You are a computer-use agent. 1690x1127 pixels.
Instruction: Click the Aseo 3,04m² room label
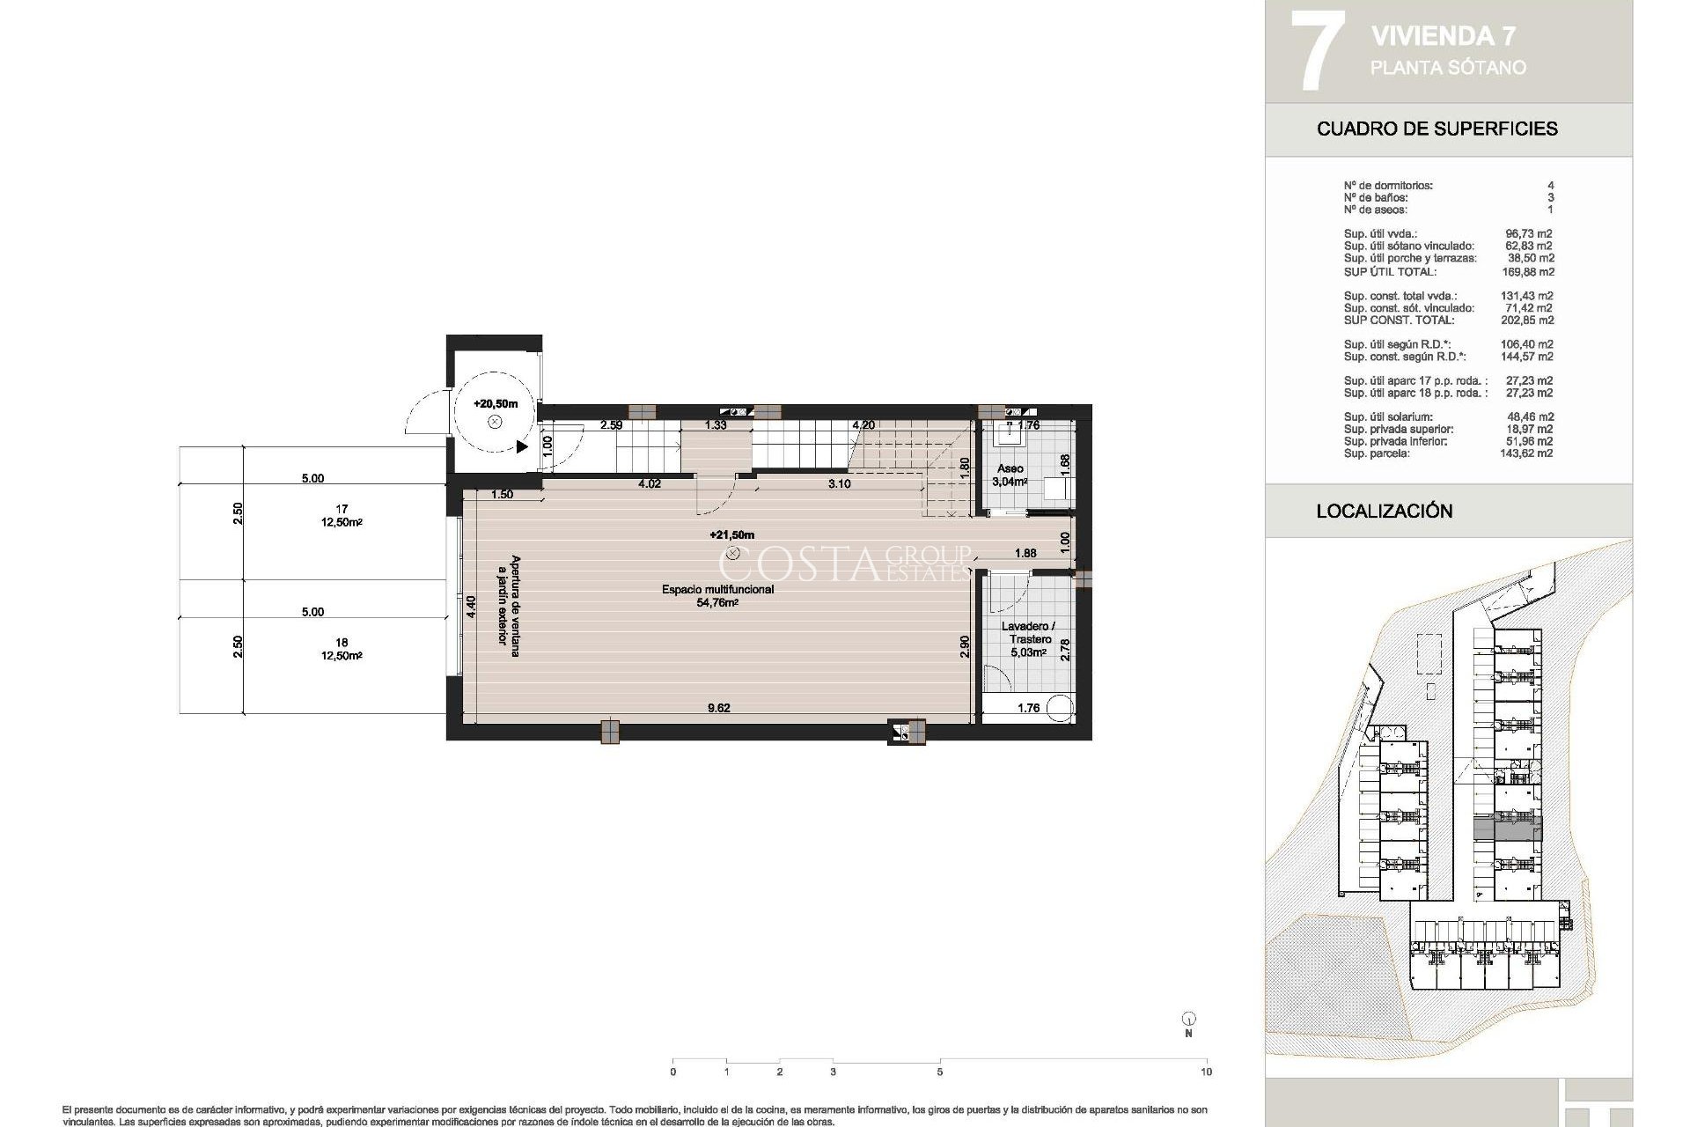click(1010, 475)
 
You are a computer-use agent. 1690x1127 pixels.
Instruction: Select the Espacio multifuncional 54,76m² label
click(717, 596)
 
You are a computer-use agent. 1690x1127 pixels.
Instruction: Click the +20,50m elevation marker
click(495, 404)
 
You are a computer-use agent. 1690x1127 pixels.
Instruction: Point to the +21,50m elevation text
click(731, 535)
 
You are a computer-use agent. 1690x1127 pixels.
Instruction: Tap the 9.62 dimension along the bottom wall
click(718, 708)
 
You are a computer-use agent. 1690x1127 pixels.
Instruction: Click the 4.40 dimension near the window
click(471, 608)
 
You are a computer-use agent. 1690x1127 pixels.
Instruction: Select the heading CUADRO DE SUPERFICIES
click(1436, 129)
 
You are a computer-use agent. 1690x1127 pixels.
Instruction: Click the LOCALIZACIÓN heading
click(1384, 511)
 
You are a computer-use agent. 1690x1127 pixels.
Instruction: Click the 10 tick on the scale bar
click(1206, 1072)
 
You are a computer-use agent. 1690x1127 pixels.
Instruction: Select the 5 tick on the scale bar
click(940, 1072)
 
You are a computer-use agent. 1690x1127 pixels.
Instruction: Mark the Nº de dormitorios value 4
click(1550, 186)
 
